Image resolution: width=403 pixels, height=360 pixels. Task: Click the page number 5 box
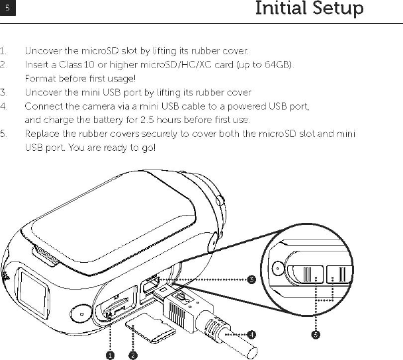pyautogui.click(x=7, y=9)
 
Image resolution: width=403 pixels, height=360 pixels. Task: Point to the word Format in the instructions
pyautogui.click(x=40, y=79)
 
